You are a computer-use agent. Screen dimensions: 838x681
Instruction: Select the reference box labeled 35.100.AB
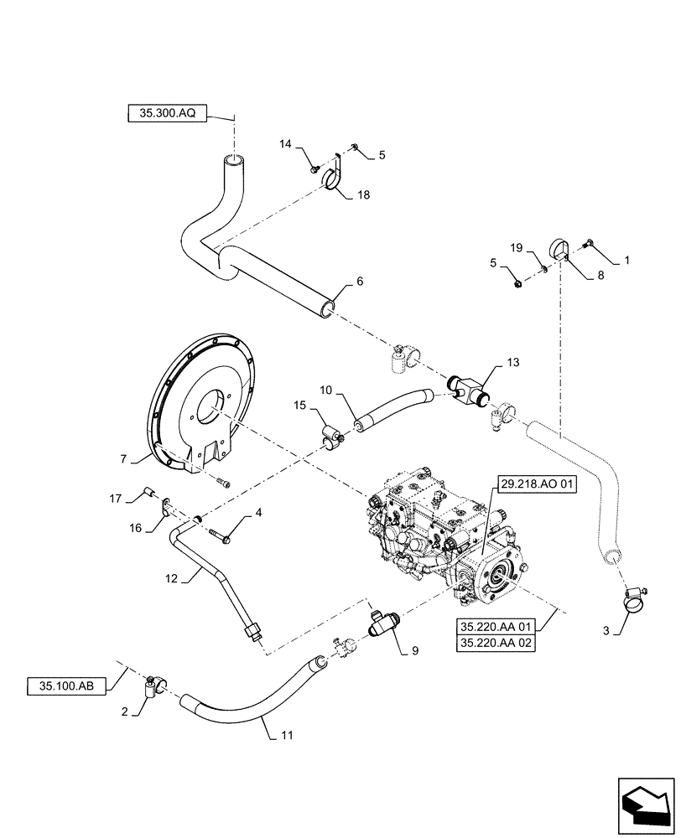tap(68, 685)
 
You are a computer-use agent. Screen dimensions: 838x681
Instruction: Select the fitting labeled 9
tap(383, 624)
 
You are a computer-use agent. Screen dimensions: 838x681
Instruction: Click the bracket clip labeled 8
tap(560, 250)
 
